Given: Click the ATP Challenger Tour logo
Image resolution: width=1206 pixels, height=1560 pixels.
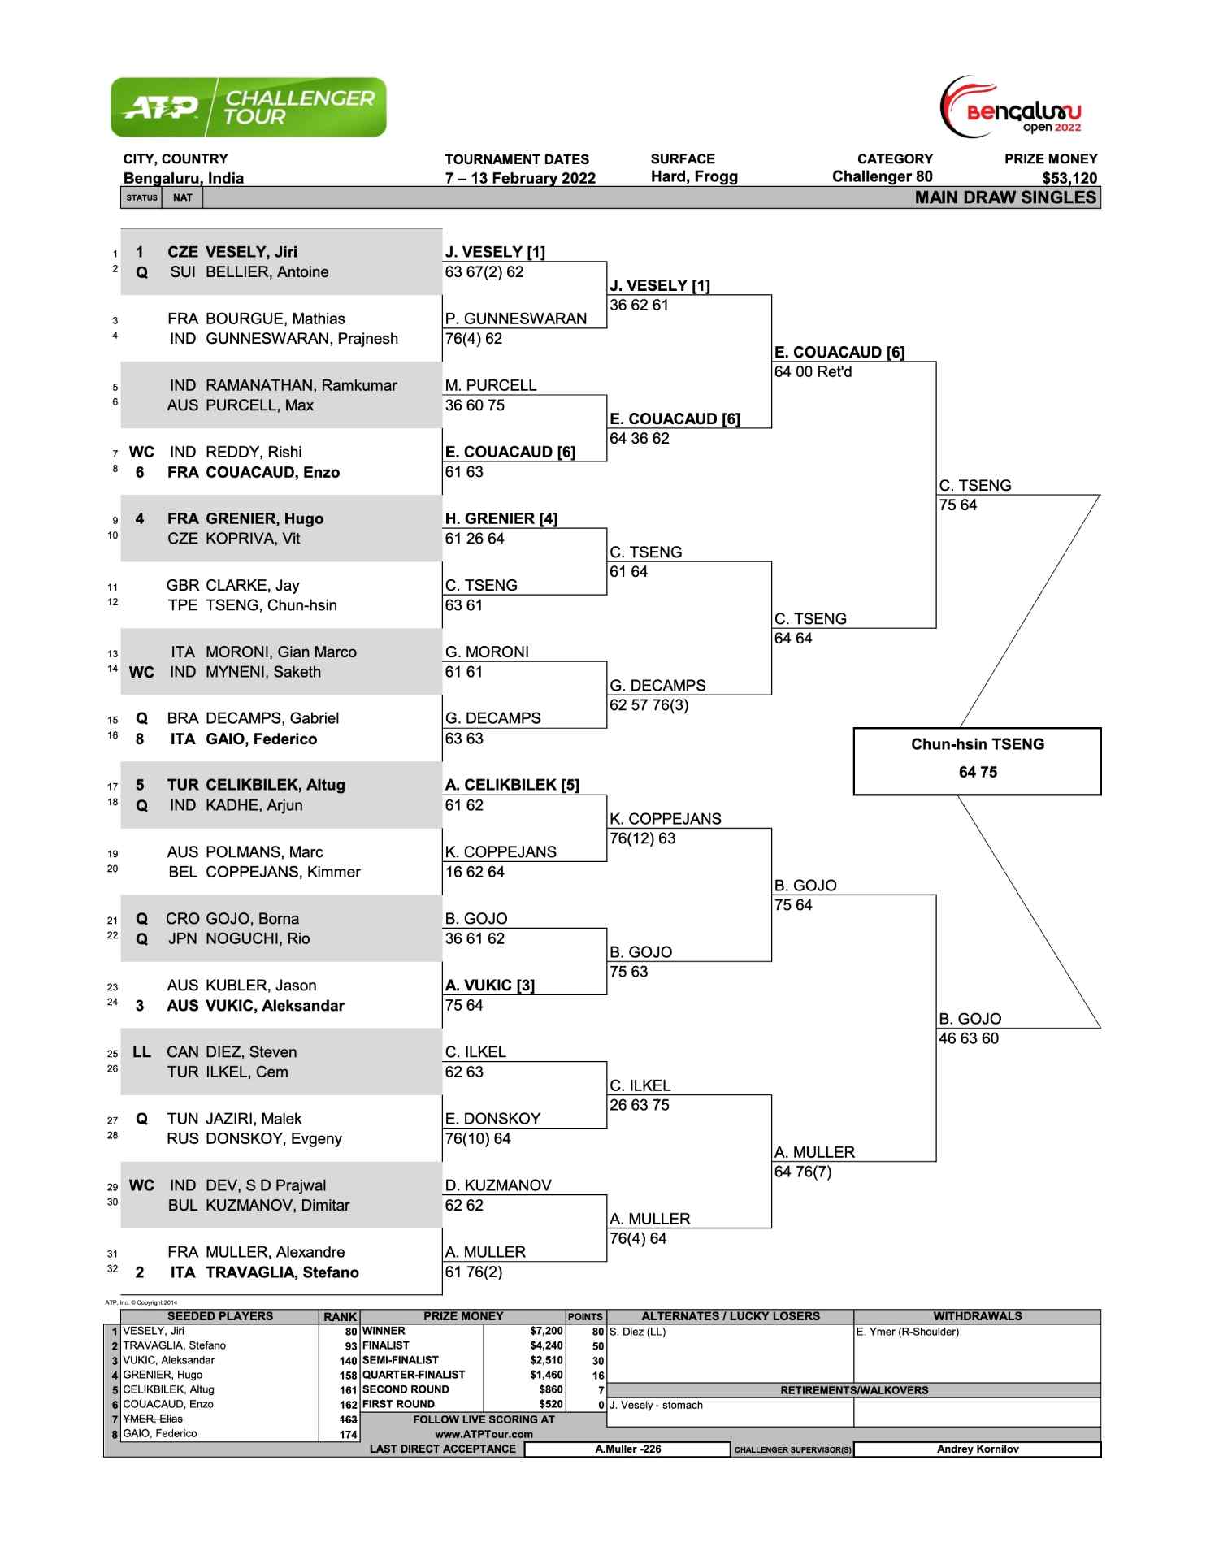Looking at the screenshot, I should [248, 107].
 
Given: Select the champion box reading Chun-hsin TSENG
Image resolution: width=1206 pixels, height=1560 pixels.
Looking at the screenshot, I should [977, 759].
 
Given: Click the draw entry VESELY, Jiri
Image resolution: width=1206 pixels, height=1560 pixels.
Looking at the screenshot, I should [250, 252].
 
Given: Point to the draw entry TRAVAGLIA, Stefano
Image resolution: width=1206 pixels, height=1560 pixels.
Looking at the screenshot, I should [281, 1272].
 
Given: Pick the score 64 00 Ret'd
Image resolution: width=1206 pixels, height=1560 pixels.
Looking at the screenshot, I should [813, 372].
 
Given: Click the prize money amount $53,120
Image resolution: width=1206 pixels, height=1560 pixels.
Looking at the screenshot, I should [1069, 178].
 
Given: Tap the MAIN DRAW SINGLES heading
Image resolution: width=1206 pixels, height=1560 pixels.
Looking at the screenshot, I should [1005, 197].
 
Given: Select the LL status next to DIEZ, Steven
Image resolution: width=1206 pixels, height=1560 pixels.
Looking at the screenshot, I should [141, 1052].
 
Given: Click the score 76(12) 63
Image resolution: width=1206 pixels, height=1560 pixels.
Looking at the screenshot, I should [642, 838].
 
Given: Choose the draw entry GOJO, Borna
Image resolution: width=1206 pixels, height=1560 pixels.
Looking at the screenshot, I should [252, 919].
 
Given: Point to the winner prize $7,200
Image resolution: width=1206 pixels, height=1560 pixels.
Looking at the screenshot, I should [546, 1331].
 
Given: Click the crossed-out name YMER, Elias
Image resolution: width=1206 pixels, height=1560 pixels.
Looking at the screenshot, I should [153, 1419].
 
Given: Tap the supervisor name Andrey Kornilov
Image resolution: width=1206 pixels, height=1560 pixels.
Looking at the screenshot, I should [977, 1449].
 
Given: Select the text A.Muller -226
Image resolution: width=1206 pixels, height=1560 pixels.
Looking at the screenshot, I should [627, 1449].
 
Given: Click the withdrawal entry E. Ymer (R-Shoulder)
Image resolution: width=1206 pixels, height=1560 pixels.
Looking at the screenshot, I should [907, 1332].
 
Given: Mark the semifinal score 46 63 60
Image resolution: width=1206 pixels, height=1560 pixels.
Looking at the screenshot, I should [969, 1038].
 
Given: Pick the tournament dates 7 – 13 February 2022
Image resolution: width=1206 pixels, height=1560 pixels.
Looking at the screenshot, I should [520, 178].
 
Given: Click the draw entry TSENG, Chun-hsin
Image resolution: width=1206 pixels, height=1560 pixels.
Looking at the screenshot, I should [271, 605].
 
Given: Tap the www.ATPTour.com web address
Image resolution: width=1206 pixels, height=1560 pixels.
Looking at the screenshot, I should [484, 1434].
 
